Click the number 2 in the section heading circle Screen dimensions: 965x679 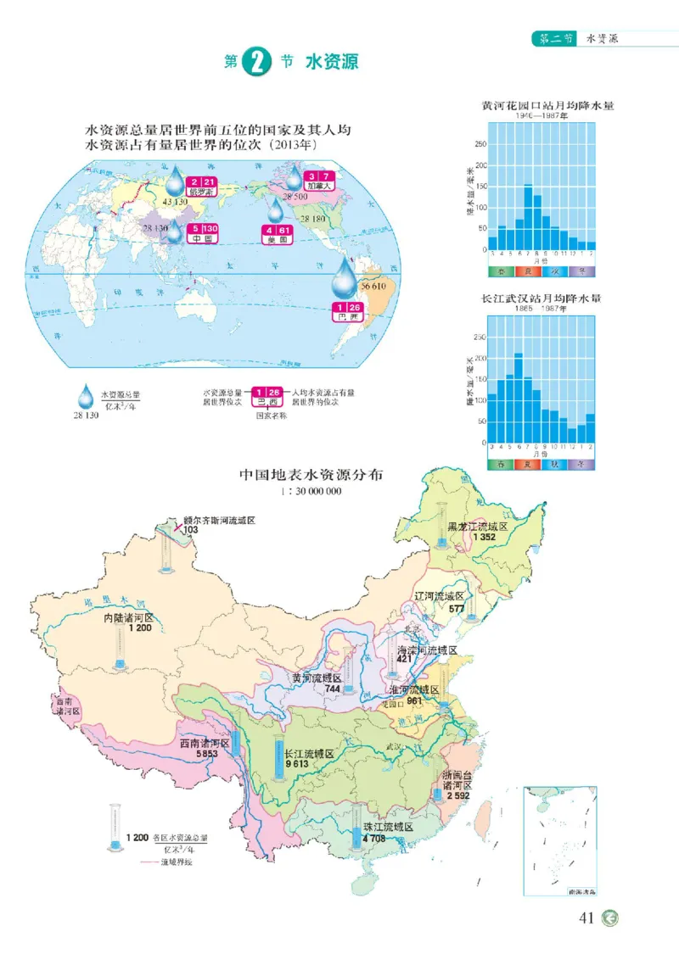tap(256, 64)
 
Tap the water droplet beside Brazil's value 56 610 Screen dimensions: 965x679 tap(345, 276)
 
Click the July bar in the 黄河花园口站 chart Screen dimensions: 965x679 tap(527, 213)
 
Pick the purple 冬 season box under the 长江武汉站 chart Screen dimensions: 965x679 tap(581, 464)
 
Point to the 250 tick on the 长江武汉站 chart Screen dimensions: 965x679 tap(480, 337)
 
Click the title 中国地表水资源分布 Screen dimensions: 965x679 tap(311, 476)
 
